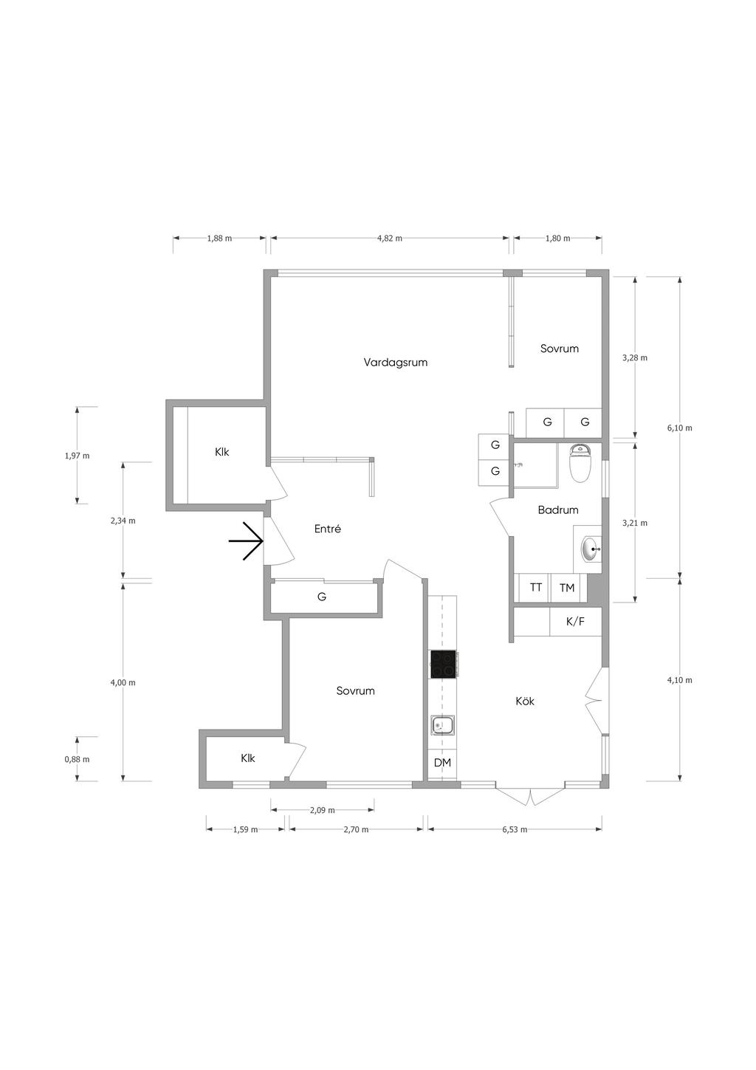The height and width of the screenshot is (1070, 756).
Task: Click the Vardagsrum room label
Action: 396,363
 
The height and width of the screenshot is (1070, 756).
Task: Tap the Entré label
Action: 328,529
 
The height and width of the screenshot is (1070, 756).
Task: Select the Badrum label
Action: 558,510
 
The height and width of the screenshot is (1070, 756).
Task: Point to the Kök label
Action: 525,702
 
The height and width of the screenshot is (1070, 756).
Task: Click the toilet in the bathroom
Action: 581,463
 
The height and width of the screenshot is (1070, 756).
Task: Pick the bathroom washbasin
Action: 592,549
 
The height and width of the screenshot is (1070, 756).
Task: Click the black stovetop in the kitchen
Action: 443,664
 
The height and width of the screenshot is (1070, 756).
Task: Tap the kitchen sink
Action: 443,727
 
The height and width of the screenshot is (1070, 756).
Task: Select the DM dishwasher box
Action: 442,763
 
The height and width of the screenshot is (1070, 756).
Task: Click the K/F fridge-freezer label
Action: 575,622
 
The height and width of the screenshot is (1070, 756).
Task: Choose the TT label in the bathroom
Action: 536,587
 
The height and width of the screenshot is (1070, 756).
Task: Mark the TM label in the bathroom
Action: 567,588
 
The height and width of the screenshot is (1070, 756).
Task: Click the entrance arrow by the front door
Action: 247,541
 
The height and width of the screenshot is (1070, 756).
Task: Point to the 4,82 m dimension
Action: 390,239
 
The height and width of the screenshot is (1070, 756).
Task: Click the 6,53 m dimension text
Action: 515,829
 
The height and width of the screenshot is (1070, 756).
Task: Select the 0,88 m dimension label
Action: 77,759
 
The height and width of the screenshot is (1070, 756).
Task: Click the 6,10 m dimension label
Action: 680,428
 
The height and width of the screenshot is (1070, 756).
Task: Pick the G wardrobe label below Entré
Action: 322,597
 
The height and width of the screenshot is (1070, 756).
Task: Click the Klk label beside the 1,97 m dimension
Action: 222,452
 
